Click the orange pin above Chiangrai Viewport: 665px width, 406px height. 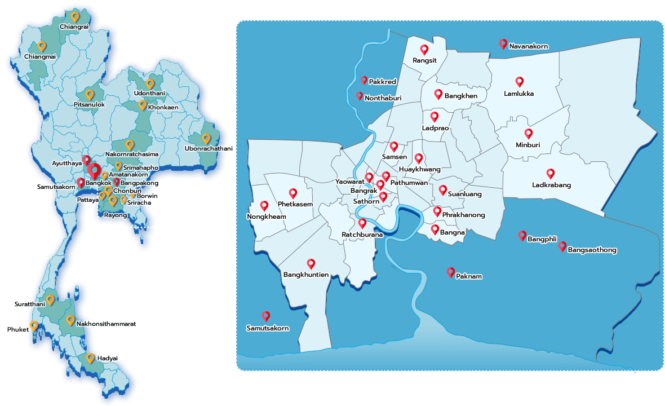click(x=75, y=16)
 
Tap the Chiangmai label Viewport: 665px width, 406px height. click(x=40, y=56)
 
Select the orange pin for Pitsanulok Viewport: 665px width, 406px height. click(x=89, y=94)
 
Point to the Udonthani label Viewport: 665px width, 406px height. click(x=149, y=93)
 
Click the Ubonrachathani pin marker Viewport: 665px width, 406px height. click(x=206, y=138)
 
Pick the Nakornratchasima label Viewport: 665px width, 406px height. click(x=132, y=154)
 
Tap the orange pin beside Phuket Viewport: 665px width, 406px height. click(x=34, y=325)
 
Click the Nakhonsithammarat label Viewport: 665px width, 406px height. click(x=106, y=324)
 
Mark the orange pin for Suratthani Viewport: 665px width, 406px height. click(x=50, y=299)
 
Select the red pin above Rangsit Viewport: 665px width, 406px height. click(x=424, y=49)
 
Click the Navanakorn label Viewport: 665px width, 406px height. click(x=529, y=46)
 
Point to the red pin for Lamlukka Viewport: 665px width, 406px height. click(x=520, y=81)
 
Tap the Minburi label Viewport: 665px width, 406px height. click(x=528, y=145)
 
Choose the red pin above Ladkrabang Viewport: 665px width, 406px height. click(x=551, y=173)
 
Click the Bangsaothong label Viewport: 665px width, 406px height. click(x=592, y=250)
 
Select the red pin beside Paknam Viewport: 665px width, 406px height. click(x=450, y=272)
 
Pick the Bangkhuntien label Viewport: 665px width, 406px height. click(x=306, y=275)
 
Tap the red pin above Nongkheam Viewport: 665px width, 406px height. click(x=264, y=206)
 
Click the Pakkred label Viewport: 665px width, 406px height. click(x=382, y=82)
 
